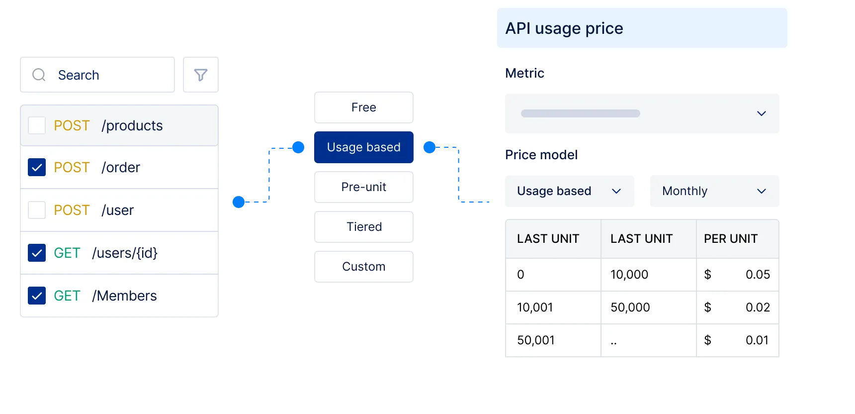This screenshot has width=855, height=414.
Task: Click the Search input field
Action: (x=97, y=75)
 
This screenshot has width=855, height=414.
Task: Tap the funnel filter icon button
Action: (x=201, y=75)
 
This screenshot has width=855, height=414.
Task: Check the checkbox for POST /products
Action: (x=37, y=125)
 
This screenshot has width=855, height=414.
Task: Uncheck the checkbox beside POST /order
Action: (x=37, y=167)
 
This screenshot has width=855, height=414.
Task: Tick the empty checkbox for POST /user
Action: (x=37, y=210)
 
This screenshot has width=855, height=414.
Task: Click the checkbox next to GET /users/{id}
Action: (x=37, y=253)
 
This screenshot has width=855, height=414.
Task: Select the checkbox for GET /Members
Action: (x=37, y=296)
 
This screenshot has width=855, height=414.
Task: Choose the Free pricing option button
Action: (x=364, y=107)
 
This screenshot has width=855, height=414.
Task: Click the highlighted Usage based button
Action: (x=364, y=147)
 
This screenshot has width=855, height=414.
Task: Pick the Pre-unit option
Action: (x=364, y=187)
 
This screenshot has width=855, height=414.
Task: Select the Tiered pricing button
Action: (x=364, y=227)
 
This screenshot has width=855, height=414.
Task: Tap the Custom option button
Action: (x=364, y=267)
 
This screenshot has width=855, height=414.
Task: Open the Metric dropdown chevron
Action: (x=761, y=113)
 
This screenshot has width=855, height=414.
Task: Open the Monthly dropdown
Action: (x=714, y=191)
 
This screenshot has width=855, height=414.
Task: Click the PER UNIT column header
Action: (x=731, y=239)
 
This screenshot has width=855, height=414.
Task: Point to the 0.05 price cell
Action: (x=758, y=275)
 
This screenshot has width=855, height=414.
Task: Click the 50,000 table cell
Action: (x=630, y=308)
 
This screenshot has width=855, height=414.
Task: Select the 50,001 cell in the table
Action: (x=536, y=340)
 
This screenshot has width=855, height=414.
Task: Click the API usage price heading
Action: (x=564, y=28)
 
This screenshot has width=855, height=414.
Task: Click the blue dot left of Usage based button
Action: (x=298, y=147)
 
